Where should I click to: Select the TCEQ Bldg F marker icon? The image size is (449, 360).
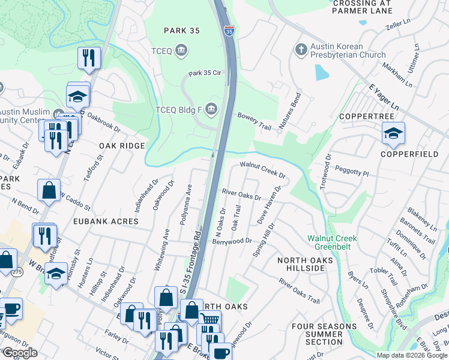(x=211, y=109)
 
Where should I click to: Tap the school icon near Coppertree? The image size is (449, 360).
(x=393, y=133)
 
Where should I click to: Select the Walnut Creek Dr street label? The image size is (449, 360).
(x=262, y=169)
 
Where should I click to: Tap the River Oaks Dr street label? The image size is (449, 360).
(x=241, y=194)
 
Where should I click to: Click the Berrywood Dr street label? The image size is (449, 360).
(x=232, y=241)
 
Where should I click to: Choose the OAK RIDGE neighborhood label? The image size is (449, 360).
(x=122, y=146)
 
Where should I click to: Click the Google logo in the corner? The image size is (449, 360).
(x=19, y=353)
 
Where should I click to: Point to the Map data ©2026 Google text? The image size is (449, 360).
(x=412, y=355)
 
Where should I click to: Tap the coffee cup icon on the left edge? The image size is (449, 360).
(x=11, y=310)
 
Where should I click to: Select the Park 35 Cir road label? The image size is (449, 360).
(x=205, y=74)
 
